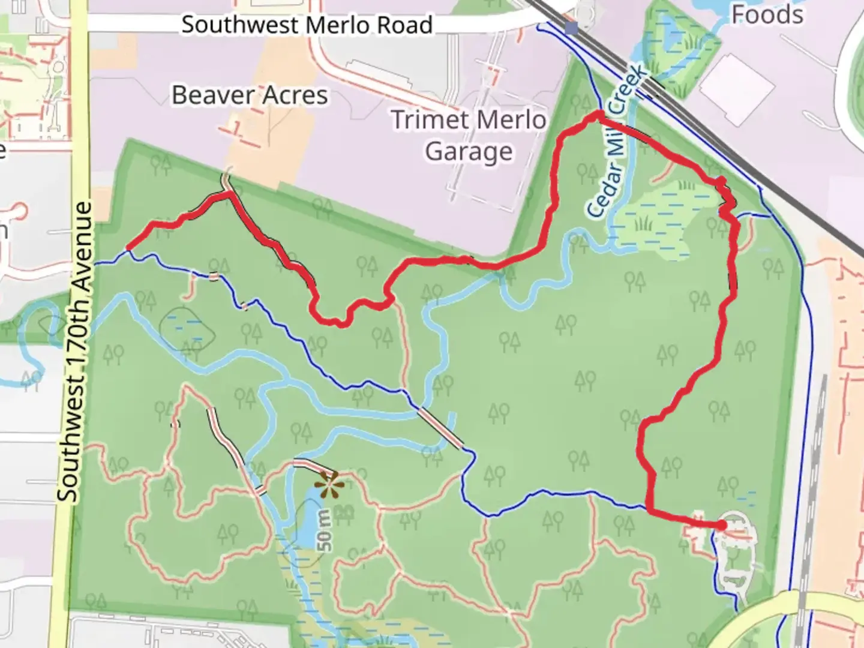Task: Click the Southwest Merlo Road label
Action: (307, 25)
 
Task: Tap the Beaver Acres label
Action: (250, 95)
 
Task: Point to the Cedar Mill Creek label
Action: (617, 142)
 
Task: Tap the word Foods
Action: (767, 14)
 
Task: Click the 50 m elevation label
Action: (324, 530)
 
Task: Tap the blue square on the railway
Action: (571, 28)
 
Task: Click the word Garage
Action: (469, 152)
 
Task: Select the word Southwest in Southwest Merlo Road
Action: (241, 25)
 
